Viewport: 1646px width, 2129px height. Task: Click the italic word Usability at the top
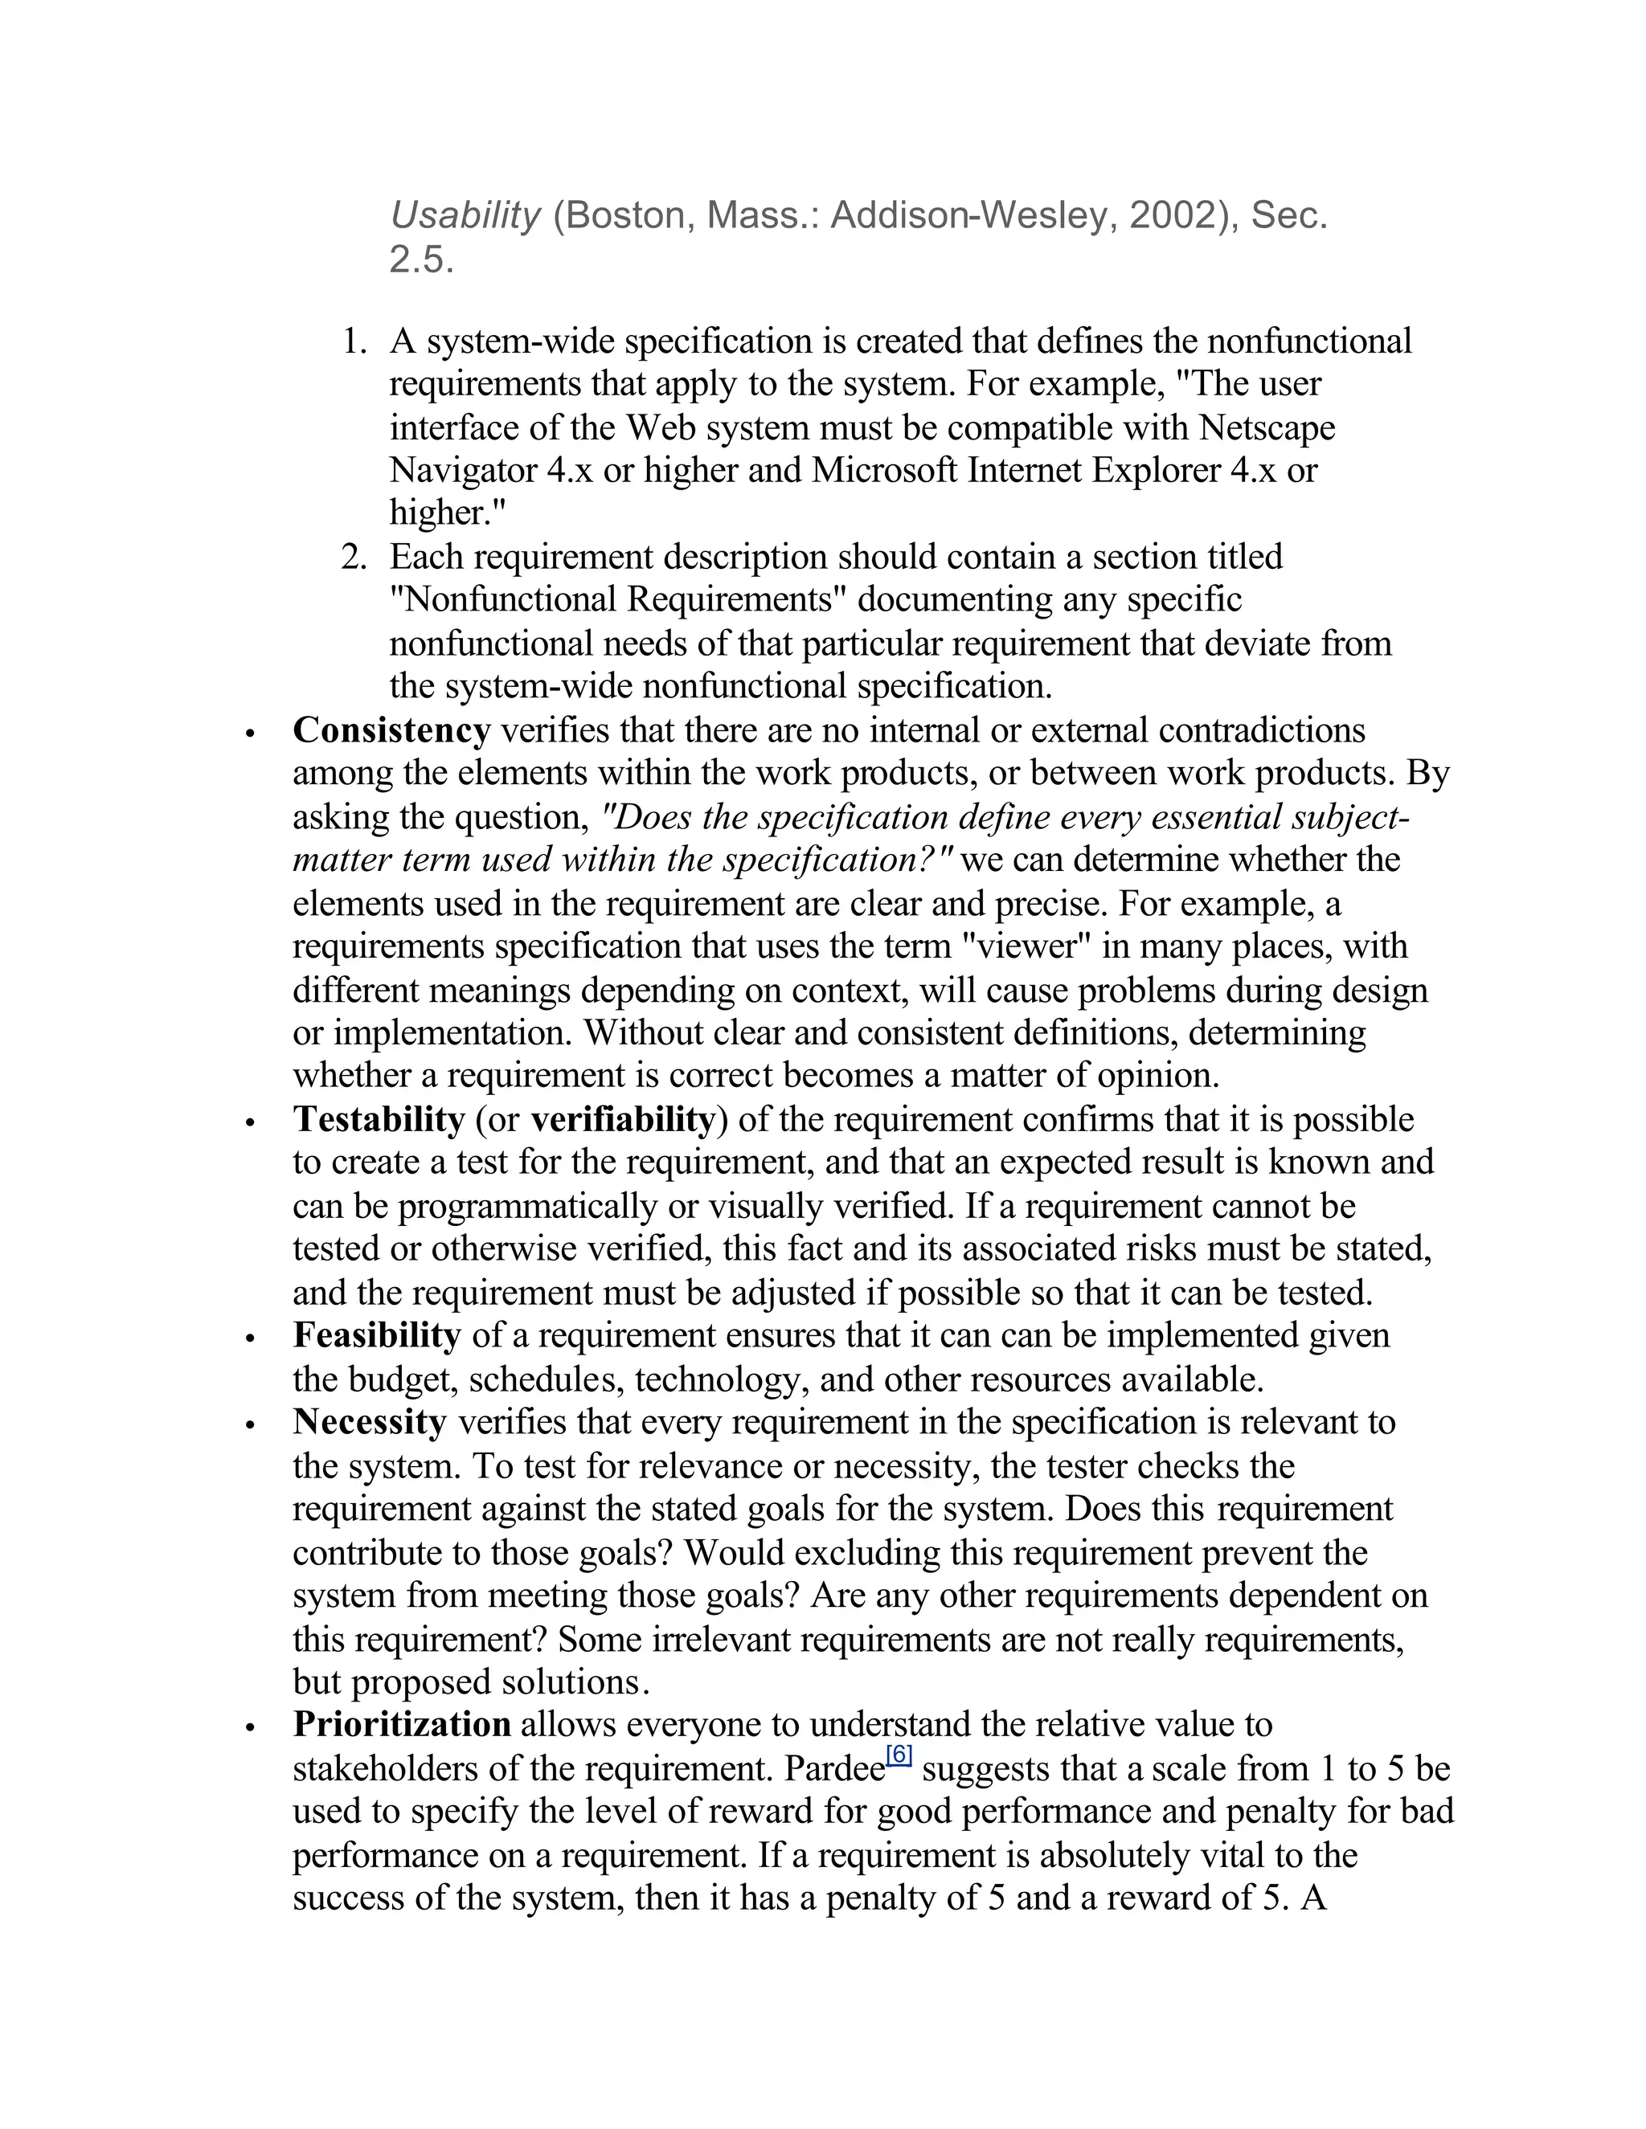click(465, 215)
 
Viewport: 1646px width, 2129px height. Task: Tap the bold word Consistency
click(391, 730)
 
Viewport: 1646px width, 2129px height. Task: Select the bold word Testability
click(379, 1119)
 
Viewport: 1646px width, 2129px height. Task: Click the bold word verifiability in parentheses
click(623, 1119)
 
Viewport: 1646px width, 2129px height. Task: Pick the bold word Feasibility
click(376, 1334)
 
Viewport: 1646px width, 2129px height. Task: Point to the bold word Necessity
click(370, 1421)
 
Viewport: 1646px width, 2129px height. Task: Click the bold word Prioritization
click(402, 1723)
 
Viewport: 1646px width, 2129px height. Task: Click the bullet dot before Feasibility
click(251, 1338)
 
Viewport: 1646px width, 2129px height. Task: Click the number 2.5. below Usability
click(421, 260)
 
